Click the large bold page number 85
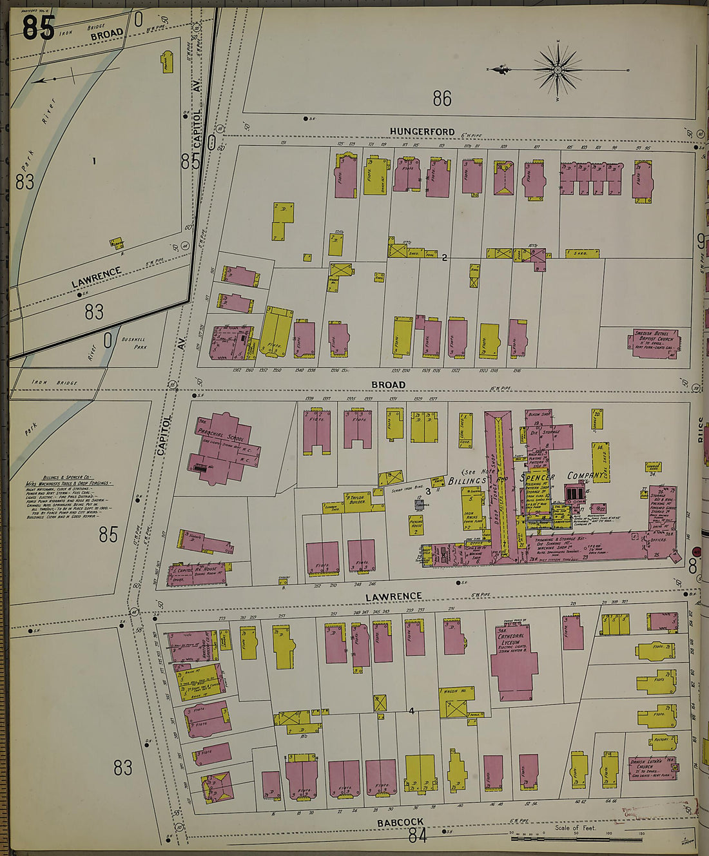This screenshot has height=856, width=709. tap(38, 26)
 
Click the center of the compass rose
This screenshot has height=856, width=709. tap(558, 69)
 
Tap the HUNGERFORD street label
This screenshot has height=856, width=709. tap(422, 131)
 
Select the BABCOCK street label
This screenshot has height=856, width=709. tap(400, 822)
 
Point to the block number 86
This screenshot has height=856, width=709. tap(442, 99)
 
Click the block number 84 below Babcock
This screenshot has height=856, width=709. tap(418, 836)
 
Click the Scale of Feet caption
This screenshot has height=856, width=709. tap(575, 827)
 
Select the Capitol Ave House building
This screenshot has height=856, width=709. tap(193, 573)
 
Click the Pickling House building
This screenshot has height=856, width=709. tap(416, 524)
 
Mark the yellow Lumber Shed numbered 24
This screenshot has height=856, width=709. tap(654, 469)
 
